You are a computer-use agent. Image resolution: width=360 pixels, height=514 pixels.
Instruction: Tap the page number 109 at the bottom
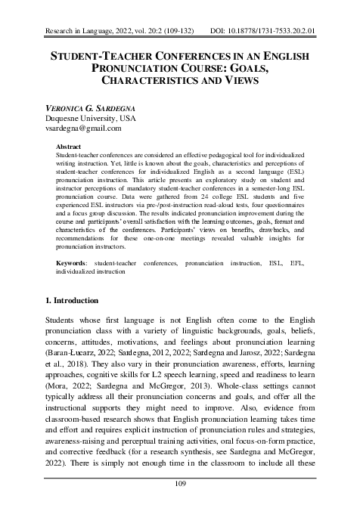(180, 485)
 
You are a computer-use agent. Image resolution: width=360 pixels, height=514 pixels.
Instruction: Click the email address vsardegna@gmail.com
(84, 129)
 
